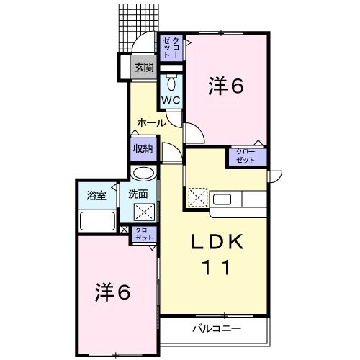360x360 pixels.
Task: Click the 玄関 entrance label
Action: pyautogui.click(x=143, y=68)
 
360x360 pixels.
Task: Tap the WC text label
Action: pyautogui.click(x=171, y=99)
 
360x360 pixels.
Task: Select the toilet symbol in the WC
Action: pyautogui.click(x=171, y=81)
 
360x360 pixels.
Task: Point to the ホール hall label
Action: pyautogui.click(x=151, y=122)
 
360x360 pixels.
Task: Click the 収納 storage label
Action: pyautogui.click(x=143, y=149)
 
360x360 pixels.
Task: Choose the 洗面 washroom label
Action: pyautogui.click(x=138, y=194)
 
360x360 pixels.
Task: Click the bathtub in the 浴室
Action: pyautogui.click(x=97, y=220)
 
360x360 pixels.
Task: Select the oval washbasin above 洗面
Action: pyautogui.click(x=143, y=174)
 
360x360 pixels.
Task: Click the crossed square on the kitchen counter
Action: pyautogui.click(x=197, y=197)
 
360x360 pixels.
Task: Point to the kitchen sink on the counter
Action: pyautogui.click(x=220, y=197)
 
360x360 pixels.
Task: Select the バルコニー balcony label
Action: pyautogui.click(x=217, y=329)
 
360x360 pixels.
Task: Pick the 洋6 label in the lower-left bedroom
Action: pyautogui.click(x=113, y=292)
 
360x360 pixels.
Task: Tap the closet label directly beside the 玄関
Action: pyautogui.click(x=171, y=48)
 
